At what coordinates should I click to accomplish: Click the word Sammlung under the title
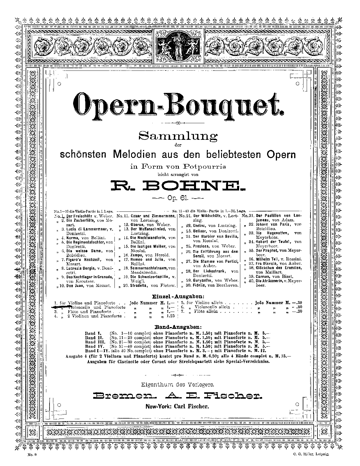178,136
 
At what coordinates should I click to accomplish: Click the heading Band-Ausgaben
178,327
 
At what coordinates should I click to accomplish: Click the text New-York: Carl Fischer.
177,407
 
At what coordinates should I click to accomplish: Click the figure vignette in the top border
178,44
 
